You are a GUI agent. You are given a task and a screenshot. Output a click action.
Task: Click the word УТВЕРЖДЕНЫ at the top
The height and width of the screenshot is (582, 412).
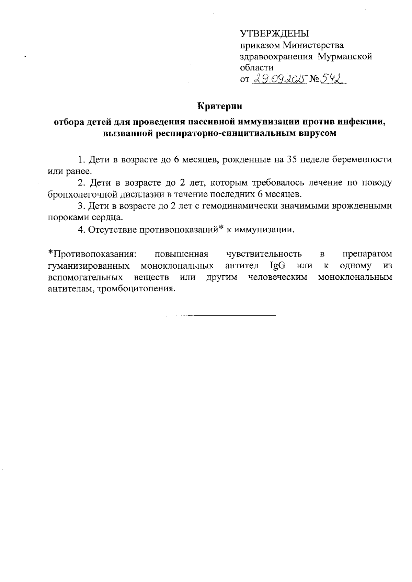pyautogui.click(x=275, y=34)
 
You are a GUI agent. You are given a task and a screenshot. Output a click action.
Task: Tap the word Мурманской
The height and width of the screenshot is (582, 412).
pyautogui.click(x=345, y=56)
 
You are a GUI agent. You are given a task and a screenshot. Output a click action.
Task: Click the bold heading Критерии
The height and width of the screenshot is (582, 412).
pyautogui.click(x=220, y=106)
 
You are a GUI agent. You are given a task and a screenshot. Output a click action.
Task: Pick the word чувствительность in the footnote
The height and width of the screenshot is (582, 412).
pyautogui.click(x=264, y=254)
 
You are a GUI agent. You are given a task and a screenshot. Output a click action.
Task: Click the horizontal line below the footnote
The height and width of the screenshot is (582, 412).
pyautogui.click(x=220, y=315)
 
